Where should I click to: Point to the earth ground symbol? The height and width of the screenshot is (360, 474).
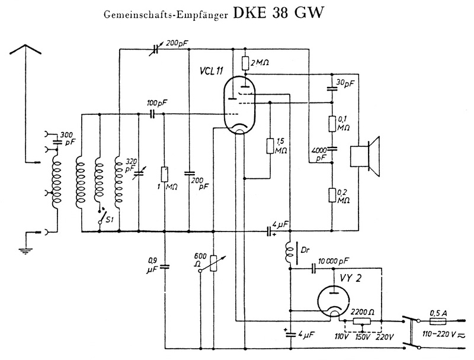pyautogui.click(x=25, y=249)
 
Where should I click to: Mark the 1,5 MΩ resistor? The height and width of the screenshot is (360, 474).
pyautogui.click(x=269, y=146)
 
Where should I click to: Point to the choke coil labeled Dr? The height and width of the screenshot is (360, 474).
pyautogui.click(x=290, y=253)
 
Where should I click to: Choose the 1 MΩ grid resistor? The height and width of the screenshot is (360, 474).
pyautogui.click(x=165, y=175)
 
